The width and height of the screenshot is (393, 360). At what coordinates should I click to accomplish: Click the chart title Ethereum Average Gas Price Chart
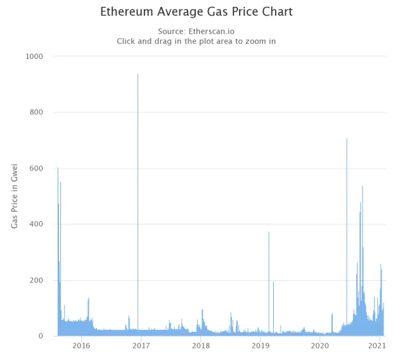click(x=196, y=12)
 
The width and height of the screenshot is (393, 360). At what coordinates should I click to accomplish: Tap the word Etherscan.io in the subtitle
click(x=211, y=31)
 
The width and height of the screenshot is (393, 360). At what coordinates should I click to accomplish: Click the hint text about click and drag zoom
click(x=196, y=41)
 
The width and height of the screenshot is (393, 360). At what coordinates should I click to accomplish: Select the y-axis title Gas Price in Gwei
click(x=15, y=196)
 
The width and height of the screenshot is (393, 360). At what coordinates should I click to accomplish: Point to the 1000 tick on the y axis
click(x=34, y=56)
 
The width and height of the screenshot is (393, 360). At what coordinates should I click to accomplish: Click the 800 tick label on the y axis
click(x=36, y=112)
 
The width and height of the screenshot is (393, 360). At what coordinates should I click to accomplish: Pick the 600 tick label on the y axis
click(x=36, y=168)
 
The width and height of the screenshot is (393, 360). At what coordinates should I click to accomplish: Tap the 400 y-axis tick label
click(x=36, y=224)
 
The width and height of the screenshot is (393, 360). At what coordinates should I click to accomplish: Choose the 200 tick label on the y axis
click(x=36, y=280)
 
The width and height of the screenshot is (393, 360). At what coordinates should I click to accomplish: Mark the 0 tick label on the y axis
click(x=41, y=336)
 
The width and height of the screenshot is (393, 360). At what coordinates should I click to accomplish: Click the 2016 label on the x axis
click(x=81, y=345)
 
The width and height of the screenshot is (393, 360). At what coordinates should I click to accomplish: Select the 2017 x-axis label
click(x=141, y=345)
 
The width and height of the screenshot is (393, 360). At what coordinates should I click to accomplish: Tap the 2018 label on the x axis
click(x=201, y=345)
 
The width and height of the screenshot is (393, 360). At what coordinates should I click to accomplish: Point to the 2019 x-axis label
click(x=261, y=345)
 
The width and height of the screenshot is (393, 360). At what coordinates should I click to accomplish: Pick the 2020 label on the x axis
click(x=320, y=345)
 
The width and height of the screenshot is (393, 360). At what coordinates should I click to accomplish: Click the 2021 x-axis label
click(x=377, y=345)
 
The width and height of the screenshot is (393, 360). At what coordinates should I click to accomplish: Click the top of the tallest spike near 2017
click(x=138, y=74)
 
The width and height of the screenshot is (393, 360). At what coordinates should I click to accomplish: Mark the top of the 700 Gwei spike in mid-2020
click(x=347, y=138)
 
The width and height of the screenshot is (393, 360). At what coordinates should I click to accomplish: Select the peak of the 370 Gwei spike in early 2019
click(x=269, y=232)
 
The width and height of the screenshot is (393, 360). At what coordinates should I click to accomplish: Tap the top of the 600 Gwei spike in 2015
click(x=58, y=168)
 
